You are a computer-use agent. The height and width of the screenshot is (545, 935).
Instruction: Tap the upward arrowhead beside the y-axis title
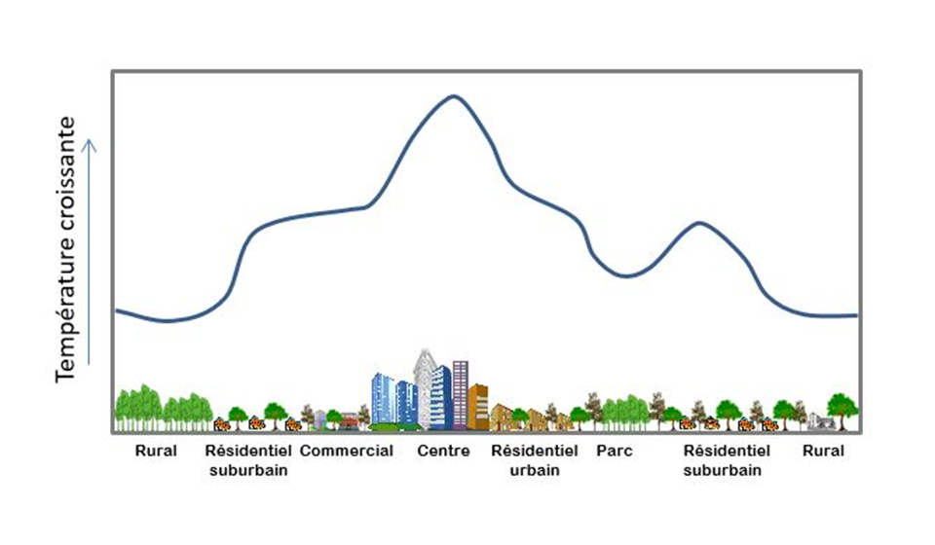click(90, 144)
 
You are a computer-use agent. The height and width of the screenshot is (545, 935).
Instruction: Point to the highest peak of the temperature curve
click(452, 96)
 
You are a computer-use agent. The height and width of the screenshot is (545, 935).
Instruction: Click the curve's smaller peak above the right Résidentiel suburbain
click(699, 223)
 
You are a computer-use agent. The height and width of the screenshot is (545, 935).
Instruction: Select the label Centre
click(443, 451)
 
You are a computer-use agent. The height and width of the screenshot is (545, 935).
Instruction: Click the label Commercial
click(347, 451)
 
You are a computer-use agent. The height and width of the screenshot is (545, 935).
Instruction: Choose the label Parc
click(614, 451)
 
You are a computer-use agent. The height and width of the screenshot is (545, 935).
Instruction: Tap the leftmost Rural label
click(156, 451)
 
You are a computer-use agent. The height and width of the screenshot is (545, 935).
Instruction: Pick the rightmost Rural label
click(823, 451)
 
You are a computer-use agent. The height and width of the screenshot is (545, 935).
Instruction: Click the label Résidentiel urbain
click(534, 459)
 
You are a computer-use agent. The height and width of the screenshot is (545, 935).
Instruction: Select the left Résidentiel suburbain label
click(248, 459)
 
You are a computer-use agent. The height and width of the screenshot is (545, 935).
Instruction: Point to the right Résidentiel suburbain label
click(726, 459)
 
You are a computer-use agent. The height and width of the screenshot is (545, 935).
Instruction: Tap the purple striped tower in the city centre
click(460, 393)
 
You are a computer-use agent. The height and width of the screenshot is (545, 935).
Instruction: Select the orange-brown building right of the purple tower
click(477, 406)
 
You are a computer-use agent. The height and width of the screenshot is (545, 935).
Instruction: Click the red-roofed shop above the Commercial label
click(349, 420)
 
